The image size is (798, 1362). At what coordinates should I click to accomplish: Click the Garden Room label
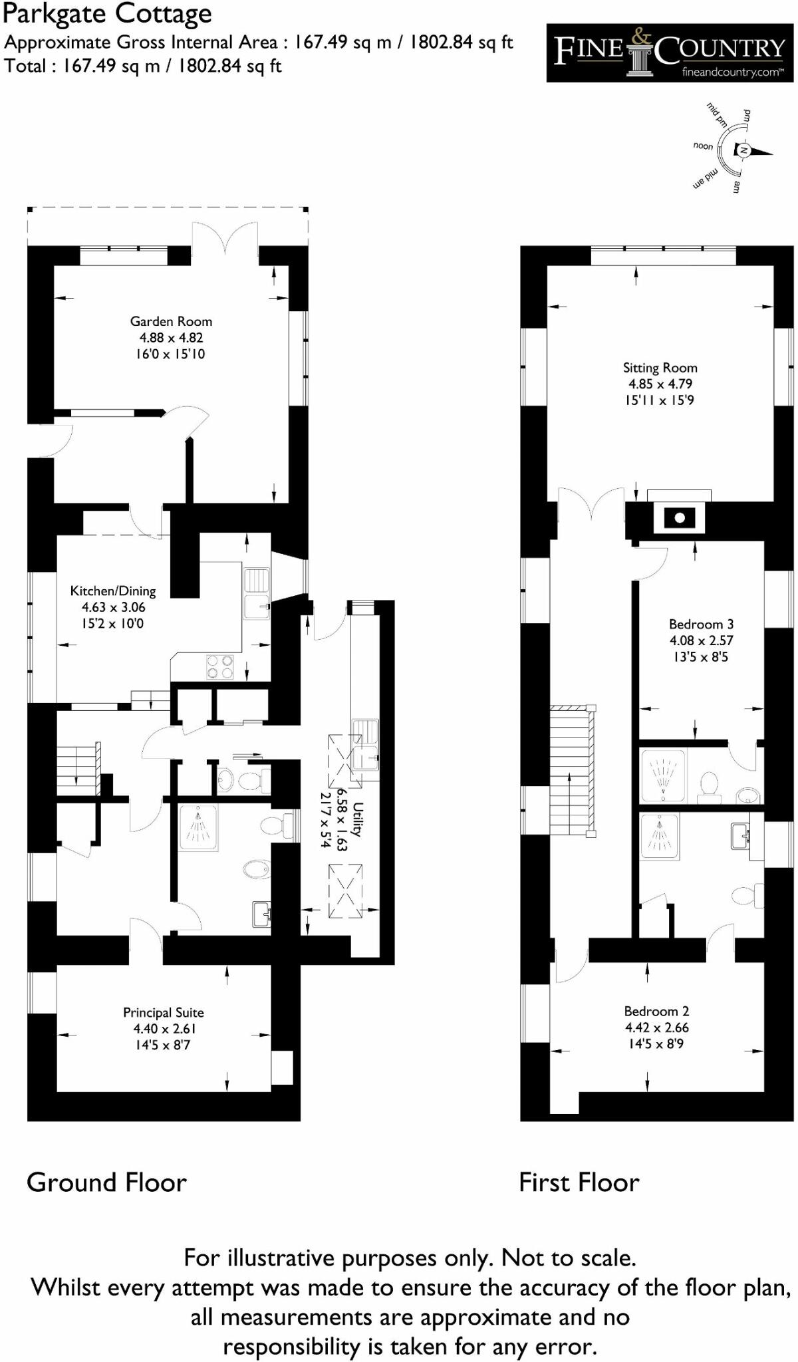tap(171, 322)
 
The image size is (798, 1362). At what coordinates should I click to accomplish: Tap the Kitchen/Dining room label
tap(113, 591)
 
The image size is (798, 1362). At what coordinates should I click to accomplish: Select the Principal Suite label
tap(164, 1012)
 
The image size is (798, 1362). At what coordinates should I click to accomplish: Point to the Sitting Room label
tap(660, 368)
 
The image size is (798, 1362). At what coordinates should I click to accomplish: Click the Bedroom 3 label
tap(701, 624)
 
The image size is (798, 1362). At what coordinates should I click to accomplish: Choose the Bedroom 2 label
tap(656, 1011)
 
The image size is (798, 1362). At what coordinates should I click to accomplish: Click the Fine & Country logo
tap(670, 53)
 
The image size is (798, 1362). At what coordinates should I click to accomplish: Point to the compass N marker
tap(745, 151)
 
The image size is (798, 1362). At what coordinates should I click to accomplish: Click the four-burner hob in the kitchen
tap(220, 667)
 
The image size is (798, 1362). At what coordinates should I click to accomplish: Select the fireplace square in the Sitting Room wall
tap(679, 517)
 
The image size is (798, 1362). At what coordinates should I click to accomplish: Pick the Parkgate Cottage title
tap(108, 13)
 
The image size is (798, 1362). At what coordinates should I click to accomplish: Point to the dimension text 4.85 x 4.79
tap(660, 384)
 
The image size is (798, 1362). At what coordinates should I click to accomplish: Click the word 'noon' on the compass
tap(703, 146)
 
